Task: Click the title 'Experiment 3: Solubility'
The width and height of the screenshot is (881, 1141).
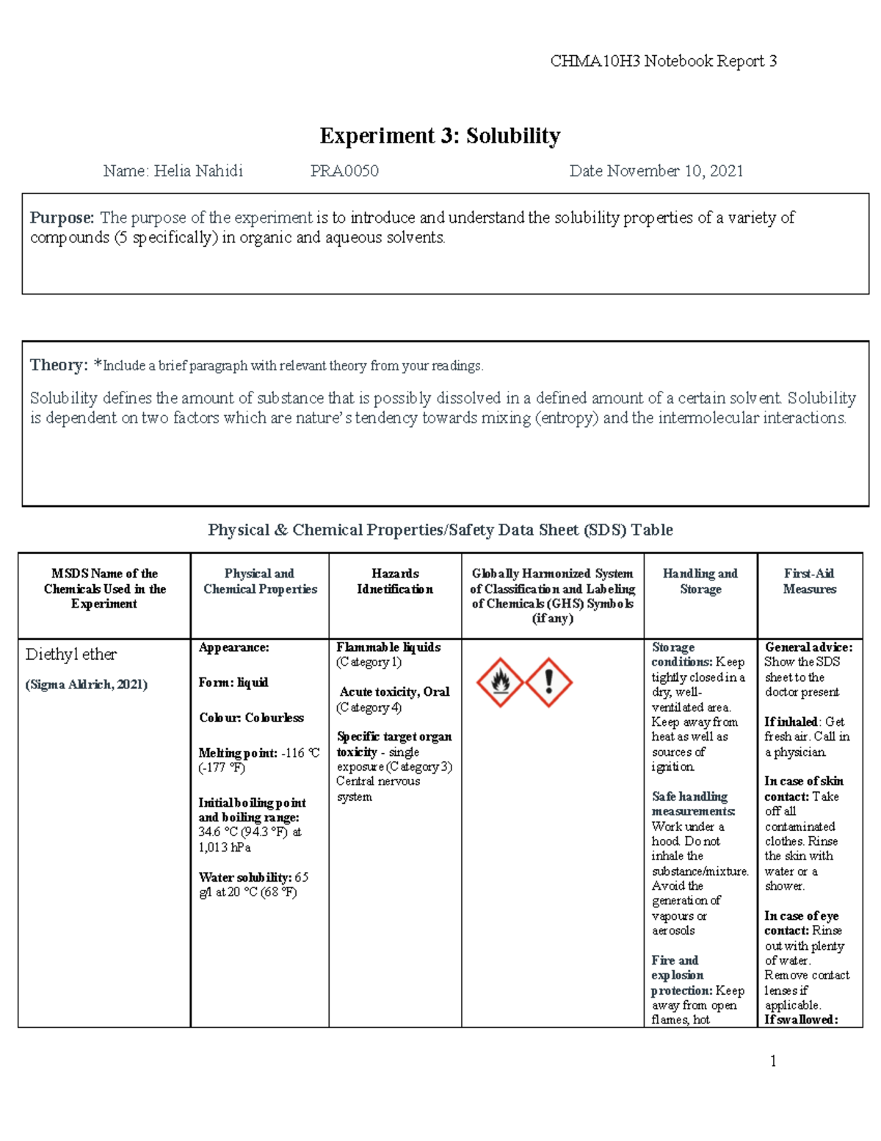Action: click(x=440, y=136)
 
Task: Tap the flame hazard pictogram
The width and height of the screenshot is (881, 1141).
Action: click(x=500, y=683)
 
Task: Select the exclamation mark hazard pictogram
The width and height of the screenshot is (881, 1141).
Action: click(x=549, y=683)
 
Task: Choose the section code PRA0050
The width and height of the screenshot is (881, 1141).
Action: click(x=344, y=171)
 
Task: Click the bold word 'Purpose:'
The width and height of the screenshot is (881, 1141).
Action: click(x=62, y=217)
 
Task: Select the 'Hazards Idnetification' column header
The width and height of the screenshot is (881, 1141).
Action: click(x=395, y=581)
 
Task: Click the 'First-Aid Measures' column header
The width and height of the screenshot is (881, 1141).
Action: click(x=809, y=581)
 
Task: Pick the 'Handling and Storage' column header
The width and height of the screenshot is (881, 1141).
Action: click(x=700, y=581)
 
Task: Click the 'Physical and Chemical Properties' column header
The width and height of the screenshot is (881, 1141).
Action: click(x=260, y=581)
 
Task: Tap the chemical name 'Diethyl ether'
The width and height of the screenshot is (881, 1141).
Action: click(x=71, y=655)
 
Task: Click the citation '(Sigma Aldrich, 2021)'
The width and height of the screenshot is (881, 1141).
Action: click(x=87, y=685)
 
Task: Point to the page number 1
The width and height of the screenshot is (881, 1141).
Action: click(x=772, y=1060)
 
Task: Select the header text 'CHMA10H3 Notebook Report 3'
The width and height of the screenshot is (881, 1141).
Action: click(x=663, y=61)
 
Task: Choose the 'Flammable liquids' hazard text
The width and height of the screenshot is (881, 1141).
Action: click(x=388, y=647)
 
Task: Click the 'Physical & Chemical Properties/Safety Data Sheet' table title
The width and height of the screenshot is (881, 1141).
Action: click(x=440, y=530)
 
